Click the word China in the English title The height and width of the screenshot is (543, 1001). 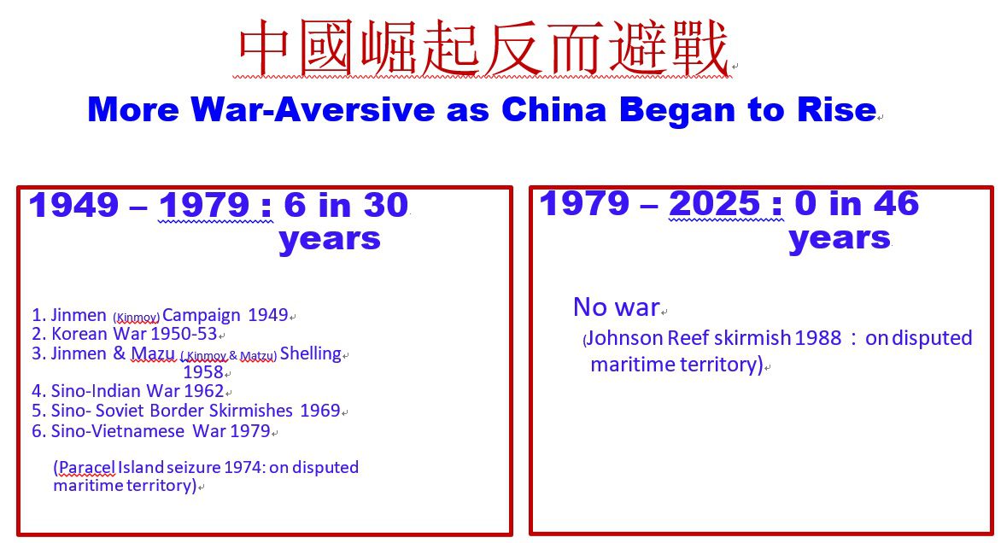[x=553, y=109]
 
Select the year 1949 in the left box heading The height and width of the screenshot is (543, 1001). [x=74, y=206]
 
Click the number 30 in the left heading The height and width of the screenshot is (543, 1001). [x=385, y=206]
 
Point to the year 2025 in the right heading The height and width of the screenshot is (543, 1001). [x=714, y=203]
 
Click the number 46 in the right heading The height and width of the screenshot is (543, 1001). [x=896, y=203]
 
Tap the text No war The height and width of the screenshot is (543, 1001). [x=616, y=307]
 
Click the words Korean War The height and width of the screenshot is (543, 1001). [x=99, y=334]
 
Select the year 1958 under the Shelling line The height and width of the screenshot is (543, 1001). [x=203, y=372]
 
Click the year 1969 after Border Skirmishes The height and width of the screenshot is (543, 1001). [x=319, y=411]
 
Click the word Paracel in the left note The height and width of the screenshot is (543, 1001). [x=87, y=467]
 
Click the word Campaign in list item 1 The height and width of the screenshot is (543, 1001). [x=202, y=315]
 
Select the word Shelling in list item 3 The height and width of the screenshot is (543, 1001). [x=310, y=353]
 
